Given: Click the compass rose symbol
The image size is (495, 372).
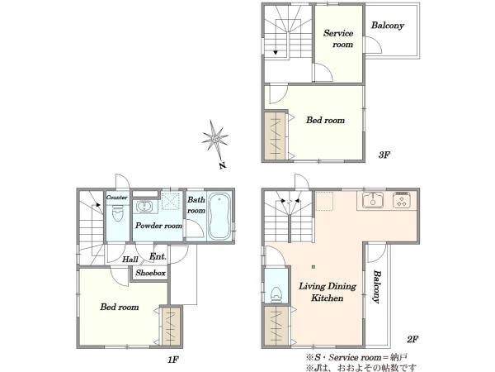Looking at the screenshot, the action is [215, 139].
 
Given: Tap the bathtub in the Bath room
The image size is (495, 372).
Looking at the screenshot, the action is [219, 216].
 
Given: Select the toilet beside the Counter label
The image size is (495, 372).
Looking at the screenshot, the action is [117, 213].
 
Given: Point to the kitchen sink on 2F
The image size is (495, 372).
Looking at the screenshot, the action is [373, 200].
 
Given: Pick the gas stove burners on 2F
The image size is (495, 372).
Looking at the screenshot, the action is [402, 200].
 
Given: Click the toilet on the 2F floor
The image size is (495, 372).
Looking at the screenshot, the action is [276, 294].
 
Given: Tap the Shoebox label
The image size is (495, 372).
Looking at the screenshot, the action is [151, 273].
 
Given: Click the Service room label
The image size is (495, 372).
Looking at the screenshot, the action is [338, 39].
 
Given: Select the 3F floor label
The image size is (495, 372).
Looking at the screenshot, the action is [384, 155].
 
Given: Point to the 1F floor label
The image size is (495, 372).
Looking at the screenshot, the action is [173, 360].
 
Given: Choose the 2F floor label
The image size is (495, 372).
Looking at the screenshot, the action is [412, 340].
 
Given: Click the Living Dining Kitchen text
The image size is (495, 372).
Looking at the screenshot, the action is [328, 292].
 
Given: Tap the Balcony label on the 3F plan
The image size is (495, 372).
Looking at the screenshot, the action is [388, 26].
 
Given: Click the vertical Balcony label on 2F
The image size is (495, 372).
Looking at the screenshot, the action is [376, 287].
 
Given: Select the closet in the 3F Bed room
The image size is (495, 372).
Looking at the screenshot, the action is [275, 136].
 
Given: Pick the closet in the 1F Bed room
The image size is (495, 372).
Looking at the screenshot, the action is [171, 327].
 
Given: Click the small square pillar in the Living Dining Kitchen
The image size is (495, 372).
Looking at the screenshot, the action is [313, 267].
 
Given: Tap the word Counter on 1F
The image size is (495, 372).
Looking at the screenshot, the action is [117, 198].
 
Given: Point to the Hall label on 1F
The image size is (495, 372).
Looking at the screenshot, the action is [130, 260].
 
